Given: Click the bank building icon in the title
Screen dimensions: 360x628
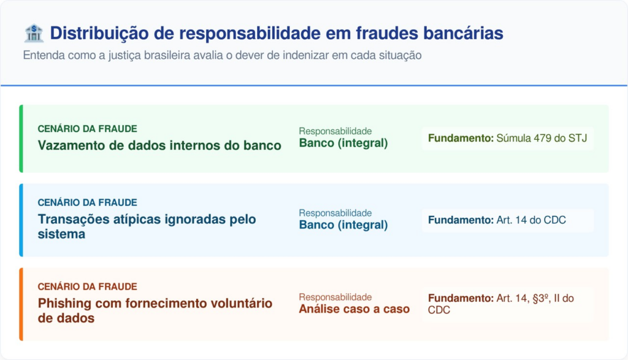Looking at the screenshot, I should pos(33,33).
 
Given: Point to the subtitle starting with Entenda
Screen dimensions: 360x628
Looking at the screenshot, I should pos(222,55).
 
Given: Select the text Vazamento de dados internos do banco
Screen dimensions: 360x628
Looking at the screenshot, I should pos(159,146).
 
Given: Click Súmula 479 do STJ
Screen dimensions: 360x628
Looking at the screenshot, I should pos(542,139).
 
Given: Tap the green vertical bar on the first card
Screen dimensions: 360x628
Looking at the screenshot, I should pos(21,139).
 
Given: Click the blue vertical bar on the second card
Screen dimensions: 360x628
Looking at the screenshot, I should pos(21,220).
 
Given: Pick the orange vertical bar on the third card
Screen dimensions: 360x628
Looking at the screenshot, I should pos(21,304).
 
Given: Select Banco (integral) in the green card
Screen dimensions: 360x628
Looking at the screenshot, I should pos(343,144).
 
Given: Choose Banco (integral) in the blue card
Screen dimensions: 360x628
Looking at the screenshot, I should pos(343,225).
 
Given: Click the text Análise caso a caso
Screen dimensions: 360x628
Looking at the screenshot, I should pos(354,309).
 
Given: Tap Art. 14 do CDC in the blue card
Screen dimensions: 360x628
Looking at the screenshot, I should pos(531,220).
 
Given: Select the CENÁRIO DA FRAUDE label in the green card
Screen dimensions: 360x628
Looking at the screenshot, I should pos(87,129).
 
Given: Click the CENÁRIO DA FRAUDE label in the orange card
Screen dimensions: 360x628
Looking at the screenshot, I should pos(87,286).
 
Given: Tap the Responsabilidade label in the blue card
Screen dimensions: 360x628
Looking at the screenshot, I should pos(335,213).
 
